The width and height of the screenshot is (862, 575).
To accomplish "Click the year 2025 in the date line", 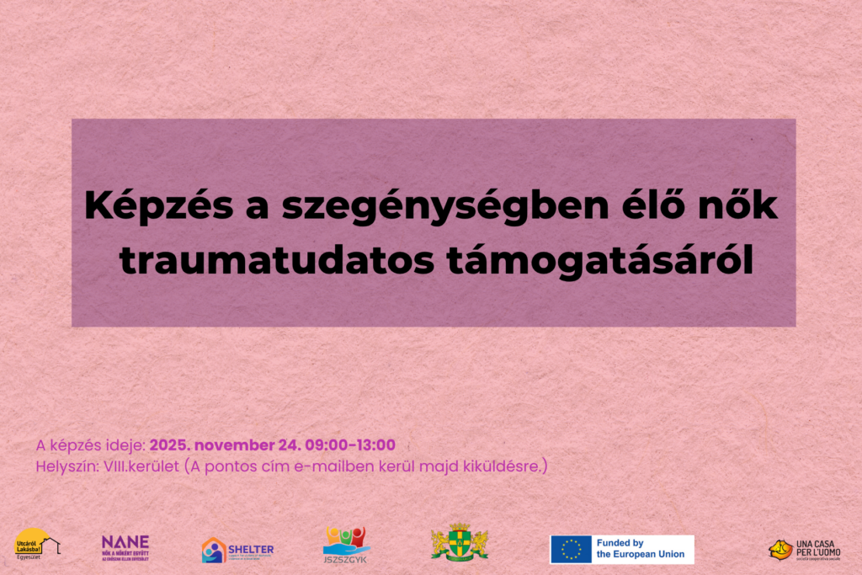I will tap(169, 445).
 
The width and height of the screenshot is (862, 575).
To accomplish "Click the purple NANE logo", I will tap(125, 546).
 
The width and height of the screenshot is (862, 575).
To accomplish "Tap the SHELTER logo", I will tap(237, 550).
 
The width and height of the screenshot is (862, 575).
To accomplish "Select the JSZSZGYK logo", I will tap(346, 546).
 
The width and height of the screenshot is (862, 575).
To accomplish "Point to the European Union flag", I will tap(571, 550).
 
